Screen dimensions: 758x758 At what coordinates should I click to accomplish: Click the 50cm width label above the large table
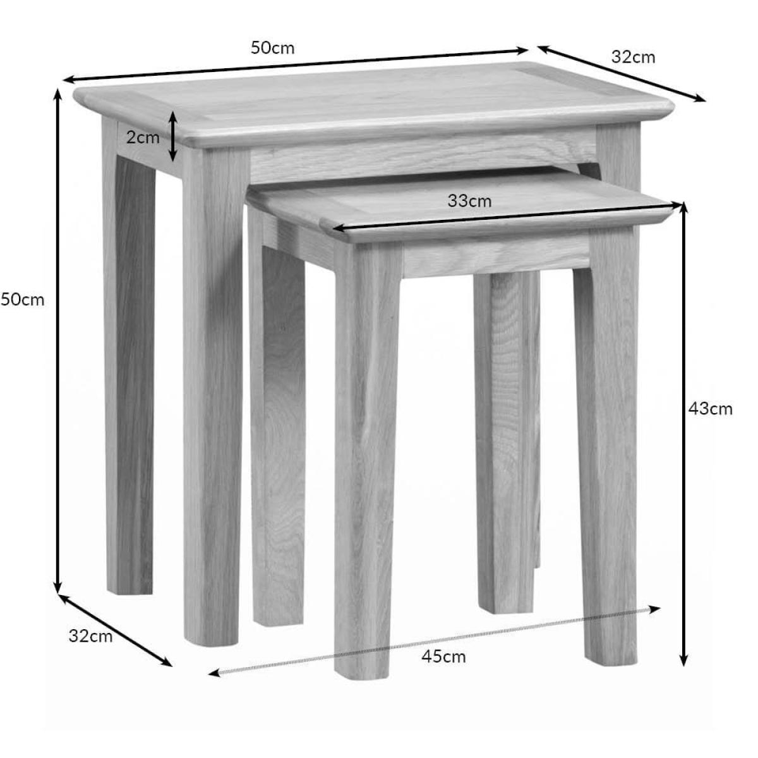coord(272,48)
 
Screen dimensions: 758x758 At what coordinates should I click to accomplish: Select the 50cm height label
coord(22,300)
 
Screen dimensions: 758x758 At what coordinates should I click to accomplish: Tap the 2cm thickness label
coord(143,137)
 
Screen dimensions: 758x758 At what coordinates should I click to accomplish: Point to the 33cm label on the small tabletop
coord(469,201)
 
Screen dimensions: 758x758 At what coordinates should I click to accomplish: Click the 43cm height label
coord(711,409)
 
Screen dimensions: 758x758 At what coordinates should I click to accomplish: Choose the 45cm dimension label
coord(443,656)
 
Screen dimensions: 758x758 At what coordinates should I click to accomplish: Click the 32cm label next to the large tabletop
coord(634,57)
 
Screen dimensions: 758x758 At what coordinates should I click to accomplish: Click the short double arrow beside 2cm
coord(172,136)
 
